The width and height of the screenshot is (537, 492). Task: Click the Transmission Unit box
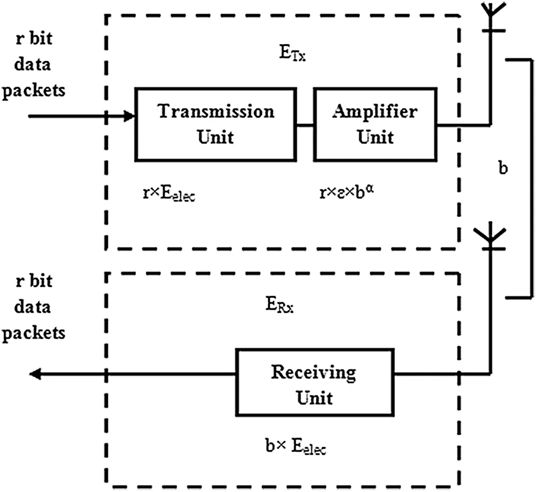pyautogui.click(x=215, y=125)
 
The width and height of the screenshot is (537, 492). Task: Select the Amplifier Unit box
pyautogui.click(x=375, y=125)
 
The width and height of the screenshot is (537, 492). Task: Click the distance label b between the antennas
pyautogui.click(x=503, y=168)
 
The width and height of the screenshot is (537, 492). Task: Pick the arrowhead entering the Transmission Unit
pyautogui.click(x=129, y=116)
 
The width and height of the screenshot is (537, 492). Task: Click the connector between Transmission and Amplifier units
pyautogui.click(x=305, y=125)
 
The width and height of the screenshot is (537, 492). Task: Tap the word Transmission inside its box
pyautogui.click(x=215, y=112)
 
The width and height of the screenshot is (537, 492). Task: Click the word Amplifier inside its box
pyautogui.click(x=375, y=112)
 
